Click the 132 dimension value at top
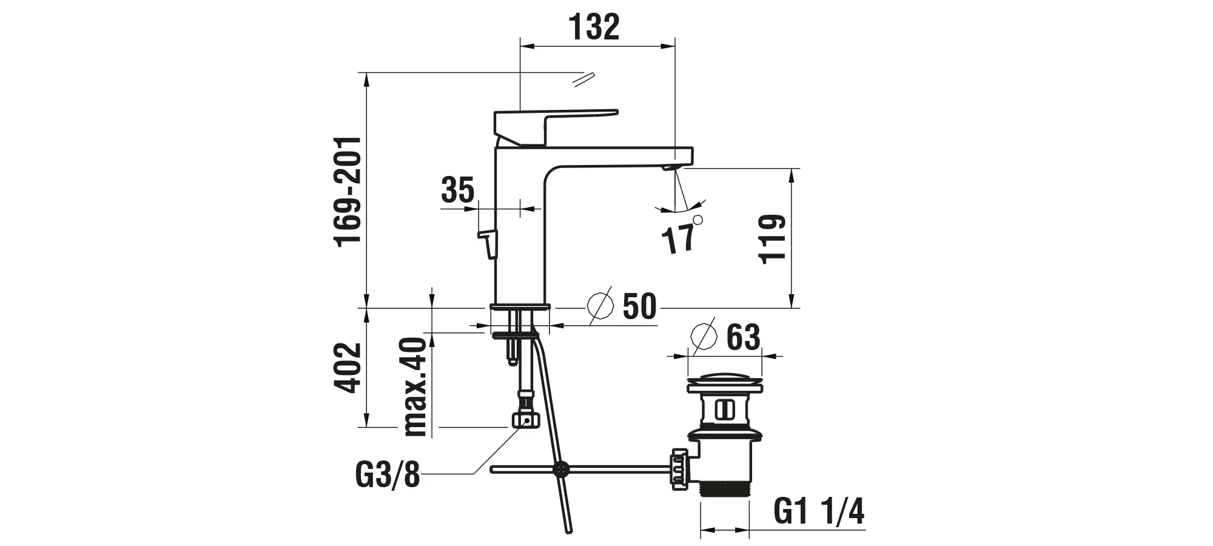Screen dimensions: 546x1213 coord(594,27)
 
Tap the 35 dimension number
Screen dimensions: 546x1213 coord(457,190)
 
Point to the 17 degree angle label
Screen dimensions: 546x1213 coord(678,238)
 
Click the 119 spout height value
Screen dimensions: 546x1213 coord(773,238)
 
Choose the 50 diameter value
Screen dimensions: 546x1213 coord(639,306)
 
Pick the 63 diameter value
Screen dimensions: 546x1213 coord(742,337)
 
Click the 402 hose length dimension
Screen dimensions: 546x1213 coord(348,368)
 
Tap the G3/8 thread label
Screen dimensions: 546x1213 coord(387,475)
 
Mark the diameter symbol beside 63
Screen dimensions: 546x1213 coord(704,335)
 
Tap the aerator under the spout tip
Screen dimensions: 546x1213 coord(670,167)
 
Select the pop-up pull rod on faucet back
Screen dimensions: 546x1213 coord(489,243)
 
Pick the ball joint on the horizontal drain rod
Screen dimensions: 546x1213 coord(562,468)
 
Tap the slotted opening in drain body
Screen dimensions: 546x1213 coord(723,409)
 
